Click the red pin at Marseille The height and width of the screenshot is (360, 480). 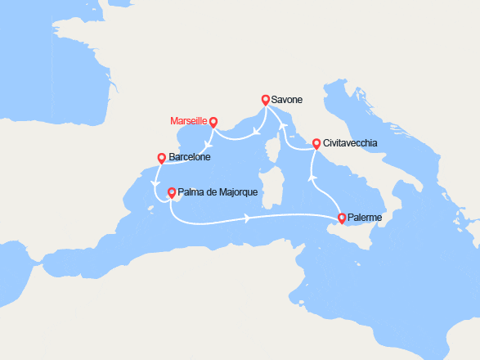[213, 123]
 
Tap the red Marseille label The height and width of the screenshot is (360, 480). [189, 121]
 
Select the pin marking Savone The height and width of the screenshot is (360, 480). [266, 100]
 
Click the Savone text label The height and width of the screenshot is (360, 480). [287, 100]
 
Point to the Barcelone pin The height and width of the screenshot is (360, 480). [161, 158]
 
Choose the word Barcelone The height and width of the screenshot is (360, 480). [190, 157]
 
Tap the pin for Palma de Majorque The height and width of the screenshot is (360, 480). [171, 193]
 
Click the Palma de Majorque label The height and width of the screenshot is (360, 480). [218, 192]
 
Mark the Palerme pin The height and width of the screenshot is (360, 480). [341, 218]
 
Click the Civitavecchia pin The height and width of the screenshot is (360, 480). [316, 143]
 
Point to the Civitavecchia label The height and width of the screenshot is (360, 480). [350, 142]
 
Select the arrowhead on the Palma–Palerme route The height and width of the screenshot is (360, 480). [246, 218]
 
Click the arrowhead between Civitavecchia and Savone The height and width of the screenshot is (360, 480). [284, 126]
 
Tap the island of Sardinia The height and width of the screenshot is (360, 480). [272, 188]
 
